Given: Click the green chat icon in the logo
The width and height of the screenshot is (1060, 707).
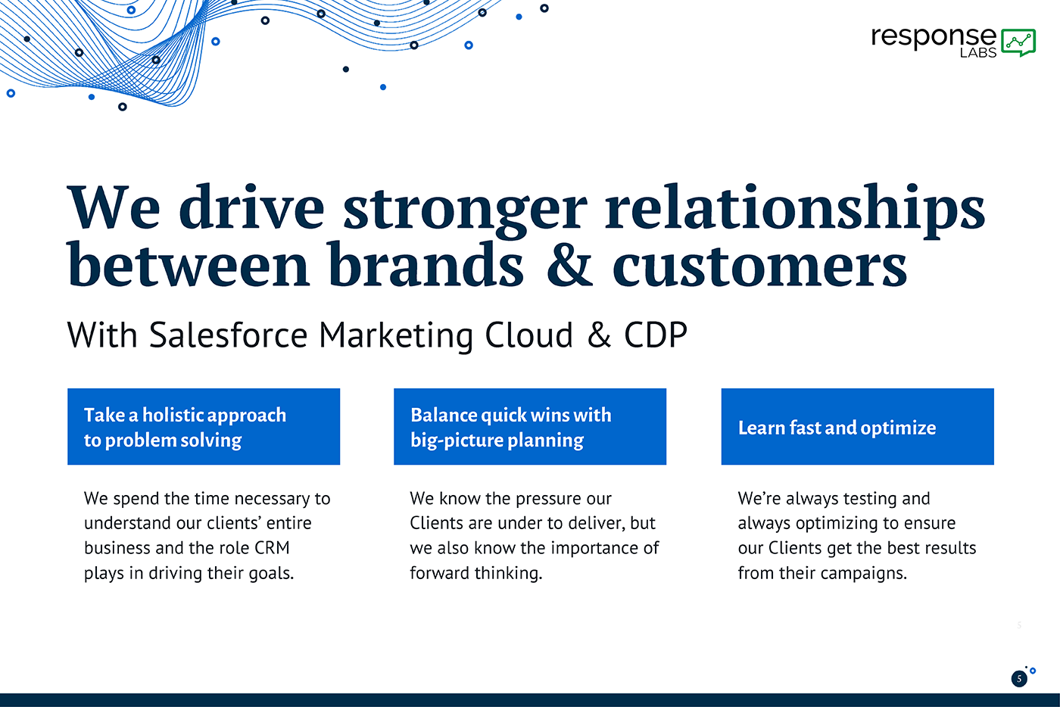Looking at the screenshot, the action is tap(1018, 42).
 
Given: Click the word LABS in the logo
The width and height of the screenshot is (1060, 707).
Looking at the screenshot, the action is tap(978, 52).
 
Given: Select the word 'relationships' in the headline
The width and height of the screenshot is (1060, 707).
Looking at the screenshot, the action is tap(795, 210).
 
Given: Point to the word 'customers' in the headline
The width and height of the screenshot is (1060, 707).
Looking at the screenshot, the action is tap(760, 267).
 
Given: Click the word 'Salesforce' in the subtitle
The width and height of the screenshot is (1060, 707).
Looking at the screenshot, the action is tap(229, 335).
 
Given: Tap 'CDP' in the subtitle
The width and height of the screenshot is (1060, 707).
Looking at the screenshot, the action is tap(656, 335).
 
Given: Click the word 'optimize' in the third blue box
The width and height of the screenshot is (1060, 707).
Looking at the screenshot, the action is tap(898, 428).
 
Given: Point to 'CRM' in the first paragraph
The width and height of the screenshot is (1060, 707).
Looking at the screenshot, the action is tap(272, 548).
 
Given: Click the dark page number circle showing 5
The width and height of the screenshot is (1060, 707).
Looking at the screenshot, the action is tap(1019, 679).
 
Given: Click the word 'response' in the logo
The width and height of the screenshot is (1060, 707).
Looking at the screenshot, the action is tap(934, 37).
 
